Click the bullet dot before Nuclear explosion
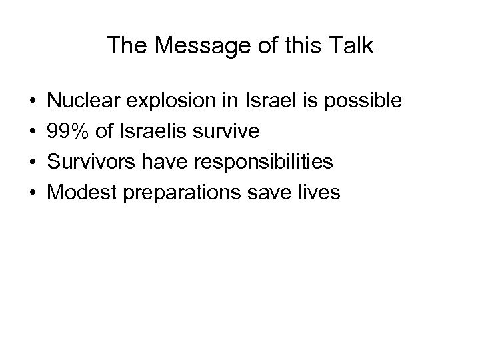[x=33, y=102]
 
